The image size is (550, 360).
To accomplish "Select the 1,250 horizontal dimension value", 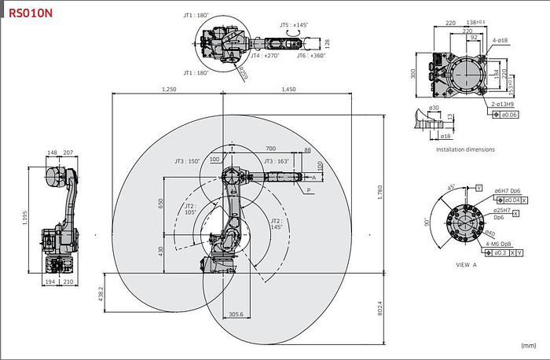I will click(168, 90).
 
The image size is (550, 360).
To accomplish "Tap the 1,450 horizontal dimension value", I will click(287, 90).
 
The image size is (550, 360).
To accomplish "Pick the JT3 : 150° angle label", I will click(187, 161).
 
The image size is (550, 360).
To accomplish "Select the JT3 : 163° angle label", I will click(277, 161).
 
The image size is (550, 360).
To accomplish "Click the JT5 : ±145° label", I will click(295, 25).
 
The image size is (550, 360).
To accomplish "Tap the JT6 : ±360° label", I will click(310, 56).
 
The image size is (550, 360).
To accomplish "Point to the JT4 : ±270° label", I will click(266, 56).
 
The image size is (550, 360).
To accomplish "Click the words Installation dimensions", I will click(466, 149).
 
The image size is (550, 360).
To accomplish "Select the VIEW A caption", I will click(467, 265).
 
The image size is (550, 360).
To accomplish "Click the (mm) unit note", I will click(528, 344).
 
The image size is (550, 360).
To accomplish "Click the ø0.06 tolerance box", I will click(508, 115).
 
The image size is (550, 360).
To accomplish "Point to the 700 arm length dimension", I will click(270, 149).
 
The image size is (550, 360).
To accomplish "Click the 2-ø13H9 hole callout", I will click(503, 104).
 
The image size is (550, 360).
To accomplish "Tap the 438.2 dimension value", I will click(101, 293).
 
